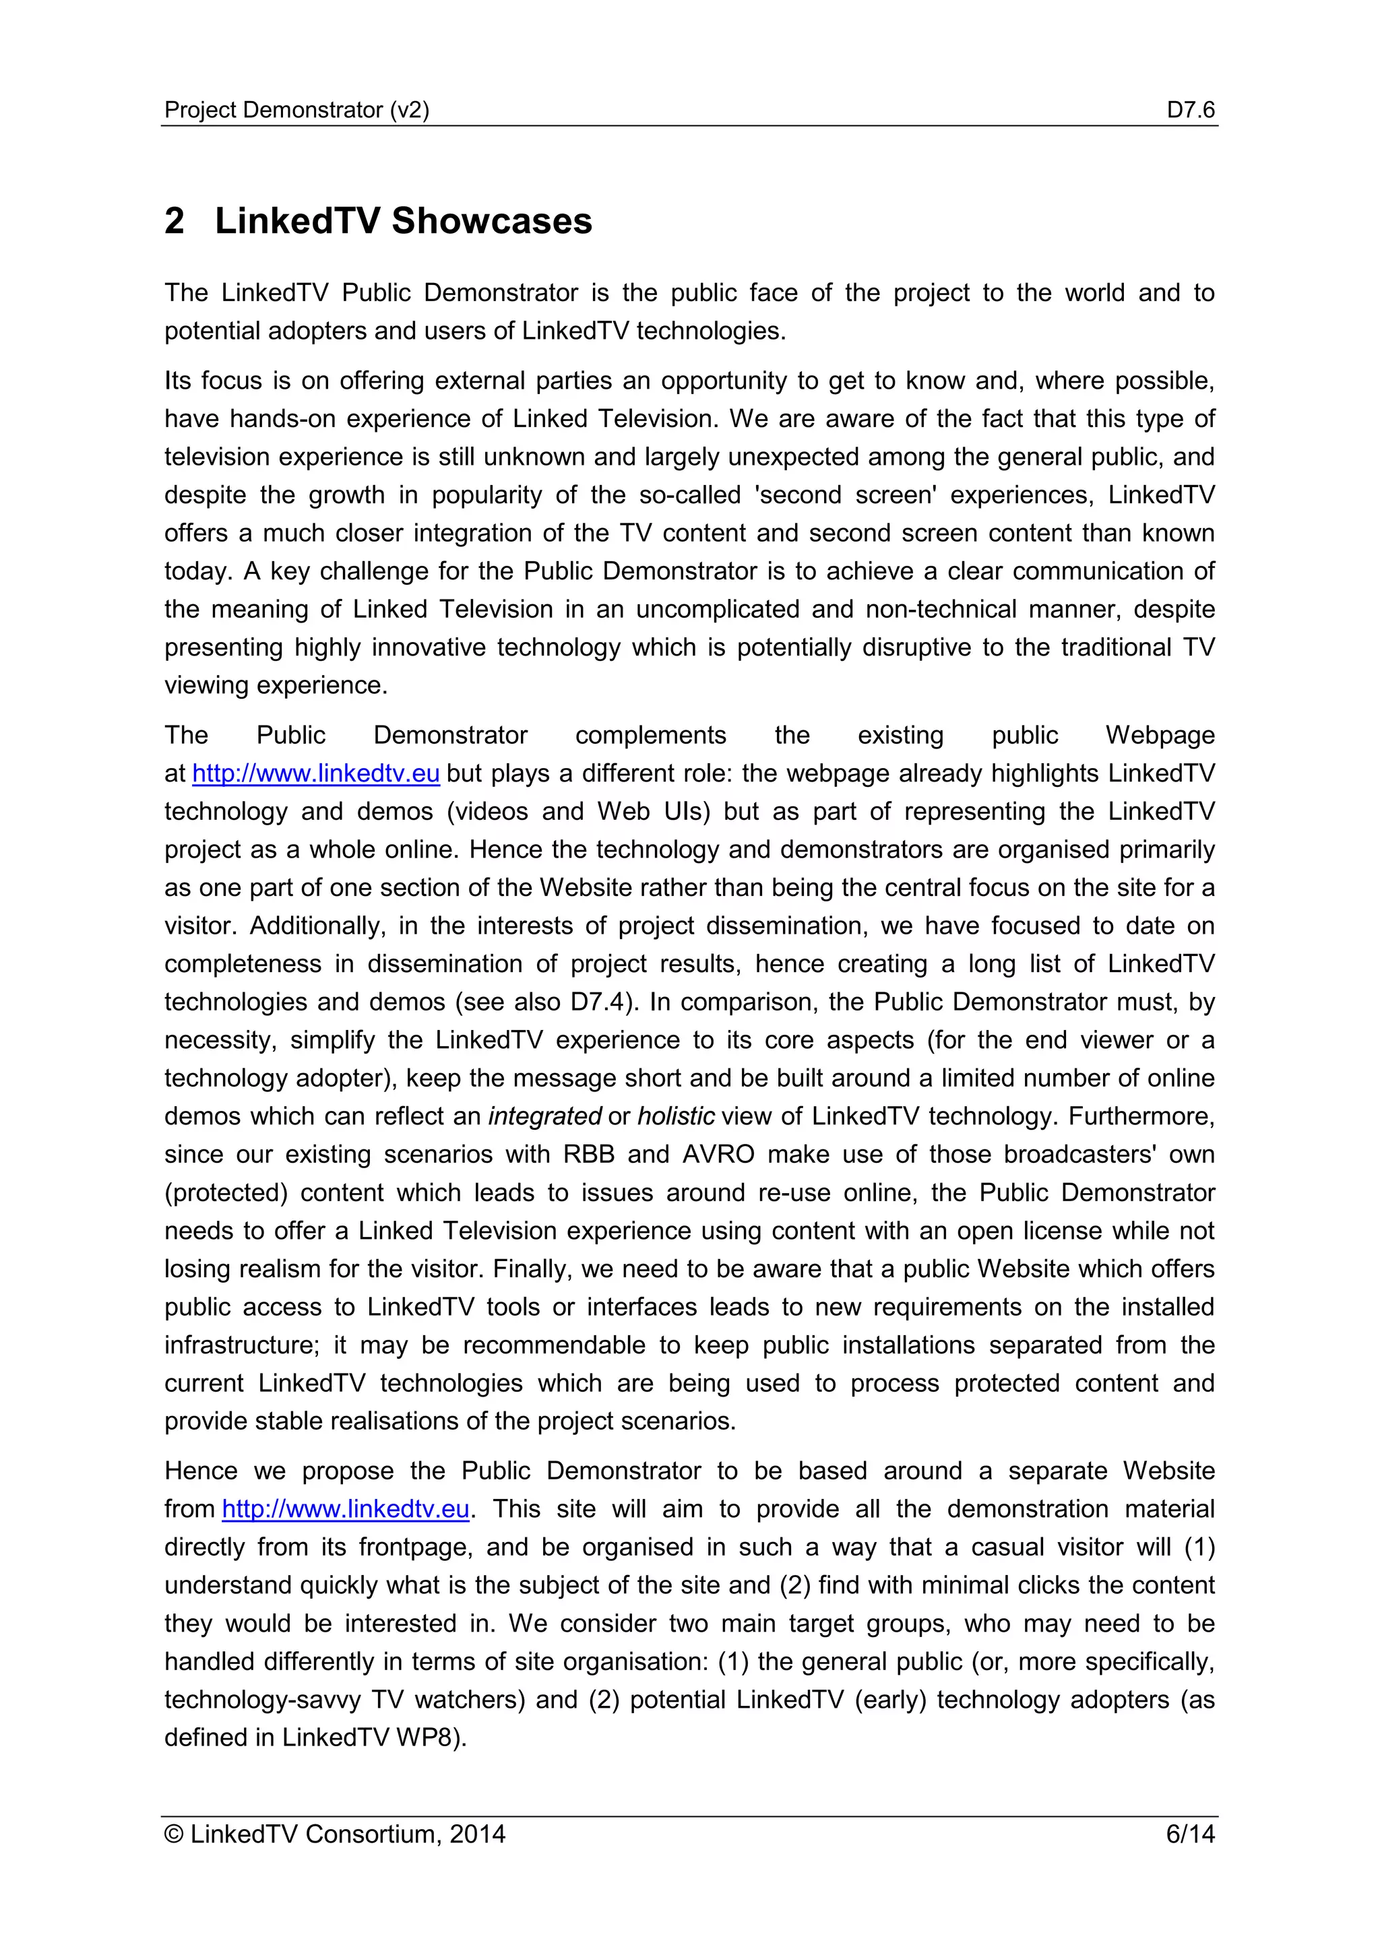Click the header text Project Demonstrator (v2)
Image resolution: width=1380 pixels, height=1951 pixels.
296,110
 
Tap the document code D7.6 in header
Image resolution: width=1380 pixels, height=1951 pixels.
1190,110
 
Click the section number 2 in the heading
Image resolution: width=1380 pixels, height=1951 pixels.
175,221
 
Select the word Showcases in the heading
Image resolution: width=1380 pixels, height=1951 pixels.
491,221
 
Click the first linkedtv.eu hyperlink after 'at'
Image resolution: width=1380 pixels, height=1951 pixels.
315,773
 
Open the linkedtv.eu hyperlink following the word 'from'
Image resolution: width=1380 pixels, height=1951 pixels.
345,1509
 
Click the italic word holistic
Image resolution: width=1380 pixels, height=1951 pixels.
676,1116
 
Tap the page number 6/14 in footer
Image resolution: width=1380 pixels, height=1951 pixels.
1190,1834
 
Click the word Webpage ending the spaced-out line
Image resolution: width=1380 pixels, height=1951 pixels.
1159,735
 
